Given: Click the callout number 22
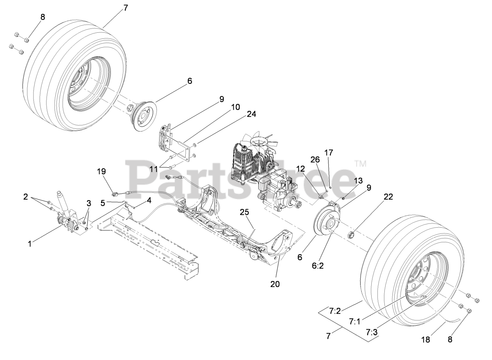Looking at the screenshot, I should (388, 197).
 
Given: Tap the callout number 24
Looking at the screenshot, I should (251, 114).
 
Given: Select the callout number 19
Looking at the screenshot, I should (101, 171).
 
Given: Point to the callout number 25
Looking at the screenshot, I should (245, 212).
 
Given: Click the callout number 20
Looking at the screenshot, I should (275, 284).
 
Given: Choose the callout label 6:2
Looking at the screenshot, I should (318, 266).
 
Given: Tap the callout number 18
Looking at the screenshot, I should (426, 340).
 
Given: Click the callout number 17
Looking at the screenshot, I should (329, 152).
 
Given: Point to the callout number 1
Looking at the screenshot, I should (30, 243).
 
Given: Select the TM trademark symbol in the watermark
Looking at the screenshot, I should (360, 164).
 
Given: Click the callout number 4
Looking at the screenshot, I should (149, 200).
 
